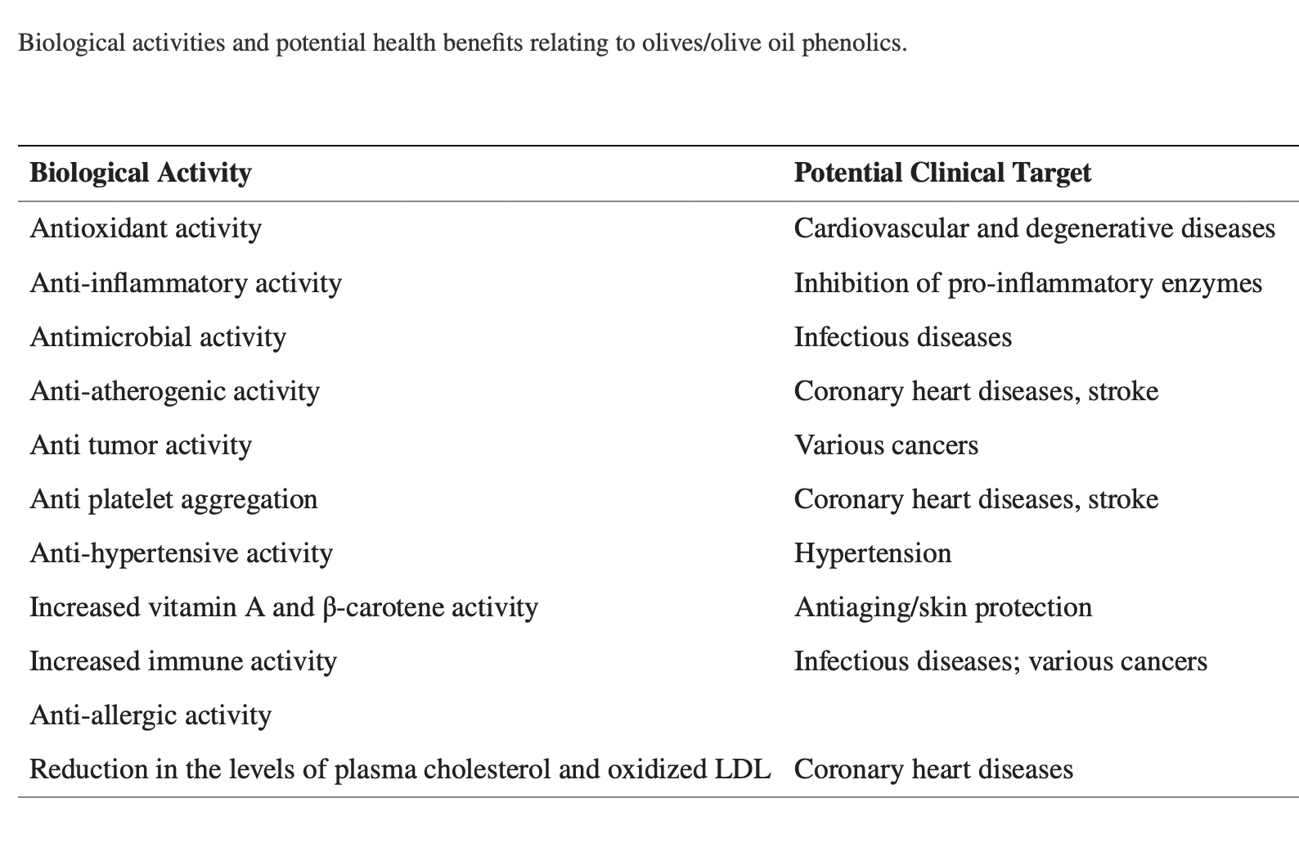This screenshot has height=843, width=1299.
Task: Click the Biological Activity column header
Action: pos(140,173)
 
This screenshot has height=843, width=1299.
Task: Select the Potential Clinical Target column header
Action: pos(942,173)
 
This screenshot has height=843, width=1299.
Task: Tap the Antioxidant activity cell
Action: pos(146,228)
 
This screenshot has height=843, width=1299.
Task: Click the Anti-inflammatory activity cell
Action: pos(186,282)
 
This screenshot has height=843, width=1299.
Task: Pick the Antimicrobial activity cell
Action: pos(158,336)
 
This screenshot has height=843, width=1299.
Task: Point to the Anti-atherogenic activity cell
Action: pos(174,390)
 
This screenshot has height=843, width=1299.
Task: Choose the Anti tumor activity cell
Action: pos(141,444)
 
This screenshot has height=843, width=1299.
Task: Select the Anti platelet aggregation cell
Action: pos(173,498)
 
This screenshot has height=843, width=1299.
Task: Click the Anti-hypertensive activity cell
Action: pos(181,552)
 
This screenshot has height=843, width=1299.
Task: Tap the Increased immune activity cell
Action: pos(183,660)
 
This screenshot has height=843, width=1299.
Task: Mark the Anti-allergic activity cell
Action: pos(151,715)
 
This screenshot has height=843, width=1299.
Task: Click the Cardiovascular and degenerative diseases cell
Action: pos(1034,228)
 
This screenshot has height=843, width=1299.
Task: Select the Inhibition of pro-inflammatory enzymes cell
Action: pos(1027,282)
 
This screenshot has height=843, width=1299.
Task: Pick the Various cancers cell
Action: pos(886,444)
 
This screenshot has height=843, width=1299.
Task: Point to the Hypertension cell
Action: pos(873,552)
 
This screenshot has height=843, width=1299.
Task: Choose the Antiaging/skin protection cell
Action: pos(942,606)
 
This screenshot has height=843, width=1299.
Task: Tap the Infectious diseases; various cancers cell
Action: pos(1000,660)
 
